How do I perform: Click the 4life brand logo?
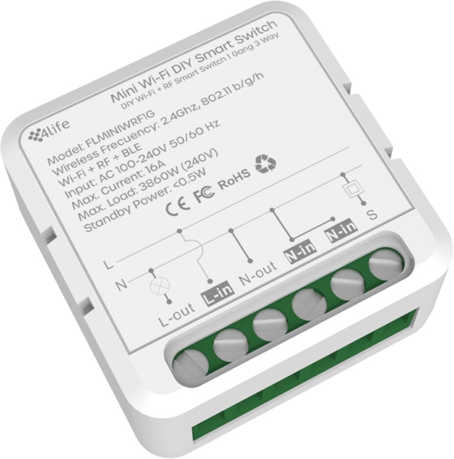(49, 131)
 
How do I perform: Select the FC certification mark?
(204, 193)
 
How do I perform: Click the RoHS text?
(234, 180)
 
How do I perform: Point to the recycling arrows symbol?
(265, 164)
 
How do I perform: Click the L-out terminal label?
(176, 314)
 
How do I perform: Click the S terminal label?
(372, 215)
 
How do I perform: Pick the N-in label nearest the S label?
(341, 230)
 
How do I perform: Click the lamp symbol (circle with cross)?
(159, 285)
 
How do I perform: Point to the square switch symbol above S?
(353, 189)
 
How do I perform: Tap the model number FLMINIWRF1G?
(120, 129)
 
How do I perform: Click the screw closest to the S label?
(386, 264)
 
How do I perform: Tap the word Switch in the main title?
(256, 34)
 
